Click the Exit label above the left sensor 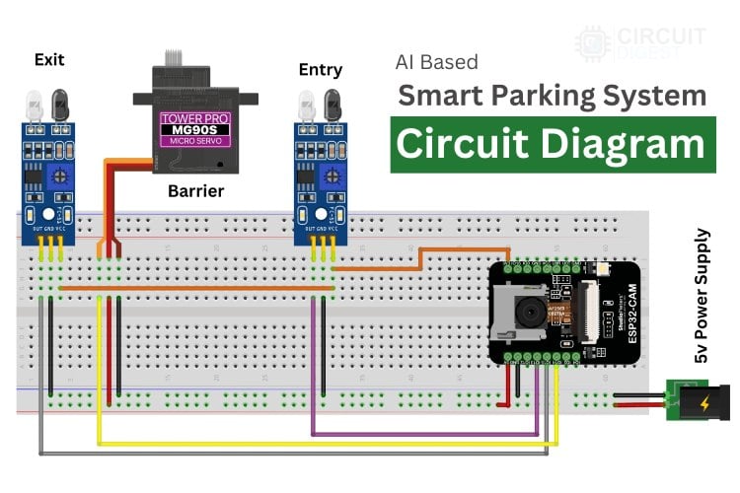48,59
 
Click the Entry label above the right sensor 320,69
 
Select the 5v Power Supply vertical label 702,296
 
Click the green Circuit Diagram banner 552,144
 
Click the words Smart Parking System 552,96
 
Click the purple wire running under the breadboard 424,434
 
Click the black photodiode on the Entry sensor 329,103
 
